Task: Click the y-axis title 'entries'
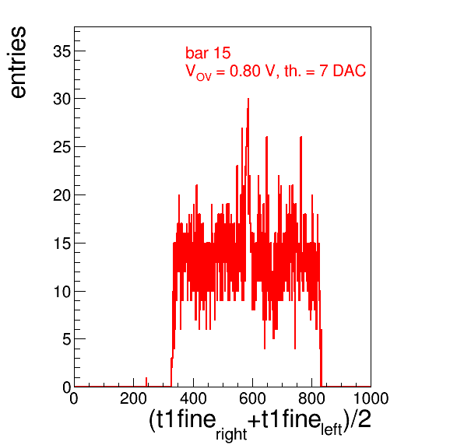tap(19, 62)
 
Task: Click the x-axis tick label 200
tap(133, 398)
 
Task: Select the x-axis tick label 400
tap(193, 398)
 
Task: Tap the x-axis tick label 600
tap(252, 398)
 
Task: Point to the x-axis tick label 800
tap(311, 398)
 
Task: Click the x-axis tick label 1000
tap(371, 398)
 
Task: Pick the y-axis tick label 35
tap(62, 52)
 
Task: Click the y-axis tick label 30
tap(62, 100)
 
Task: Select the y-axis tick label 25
tap(62, 147)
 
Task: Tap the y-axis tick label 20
tap(62, 195)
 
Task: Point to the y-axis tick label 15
tap(62, 244)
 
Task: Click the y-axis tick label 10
tap(62, 292)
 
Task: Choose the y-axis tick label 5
tap(67, 340)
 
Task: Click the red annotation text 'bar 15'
tap(208, 53)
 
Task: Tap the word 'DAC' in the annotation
tap(350, 71)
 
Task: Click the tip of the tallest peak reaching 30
tap(248, 99)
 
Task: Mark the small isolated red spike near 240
tap(146, 382)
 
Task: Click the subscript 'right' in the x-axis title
tap(231, 434)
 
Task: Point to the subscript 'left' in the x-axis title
tap(332, 429)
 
